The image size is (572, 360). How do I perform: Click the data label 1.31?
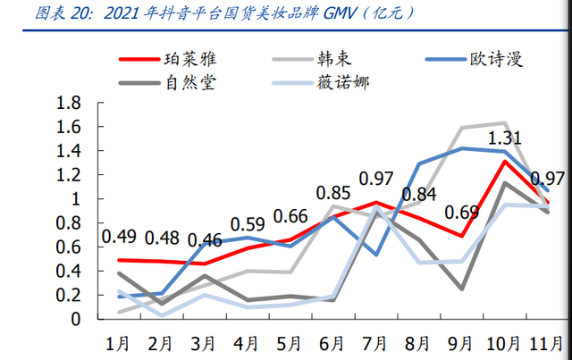(x=505, y=137)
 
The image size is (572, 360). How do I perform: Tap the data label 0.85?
(x=333, y=192)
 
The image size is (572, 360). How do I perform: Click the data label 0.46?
(x=205, y=240)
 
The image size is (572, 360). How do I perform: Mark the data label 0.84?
(x=419, y=195)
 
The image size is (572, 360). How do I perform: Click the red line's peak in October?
(x=505, y=161)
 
